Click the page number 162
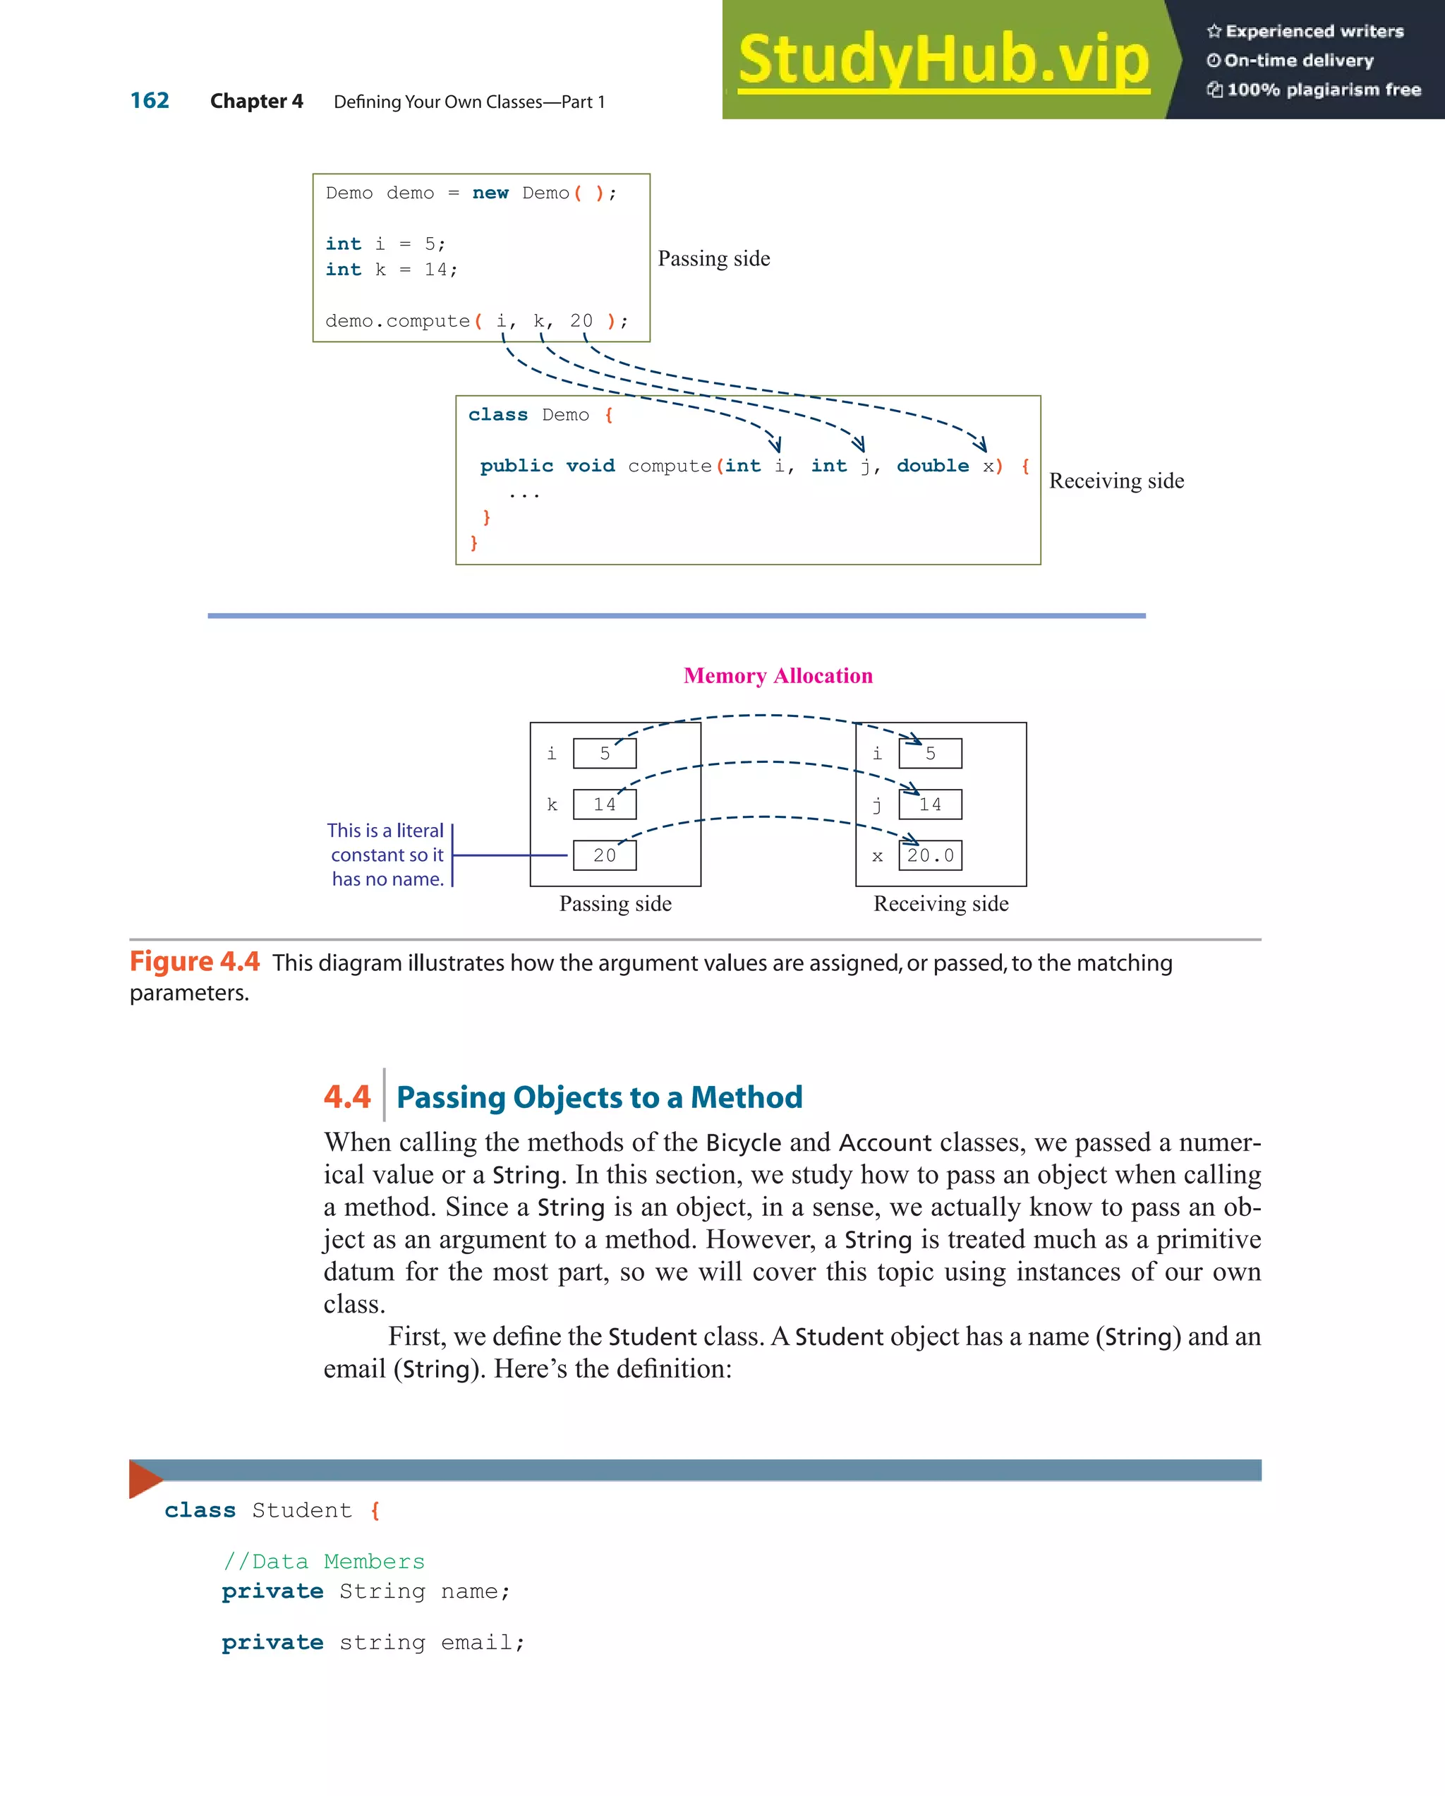pos(150,101)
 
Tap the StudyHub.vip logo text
pos(943,59)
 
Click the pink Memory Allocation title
pos(778,675)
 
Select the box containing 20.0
pos(931,855)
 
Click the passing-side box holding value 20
pos(605,855)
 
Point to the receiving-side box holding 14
pos(931,804)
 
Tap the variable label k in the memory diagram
pos(551,804)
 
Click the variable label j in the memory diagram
pos(877,804)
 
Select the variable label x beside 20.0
pos(877,856)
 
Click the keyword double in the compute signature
pos(932,466)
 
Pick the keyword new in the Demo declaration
pos(490,193)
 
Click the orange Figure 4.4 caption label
pos(195,961)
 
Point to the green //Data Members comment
pos(324,1561)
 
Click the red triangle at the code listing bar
pos(144,1478)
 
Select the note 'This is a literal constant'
pos(386,854)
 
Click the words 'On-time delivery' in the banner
pos(1298,61)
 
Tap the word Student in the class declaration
pos(301,1510)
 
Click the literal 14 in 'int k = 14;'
pos(435,270)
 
